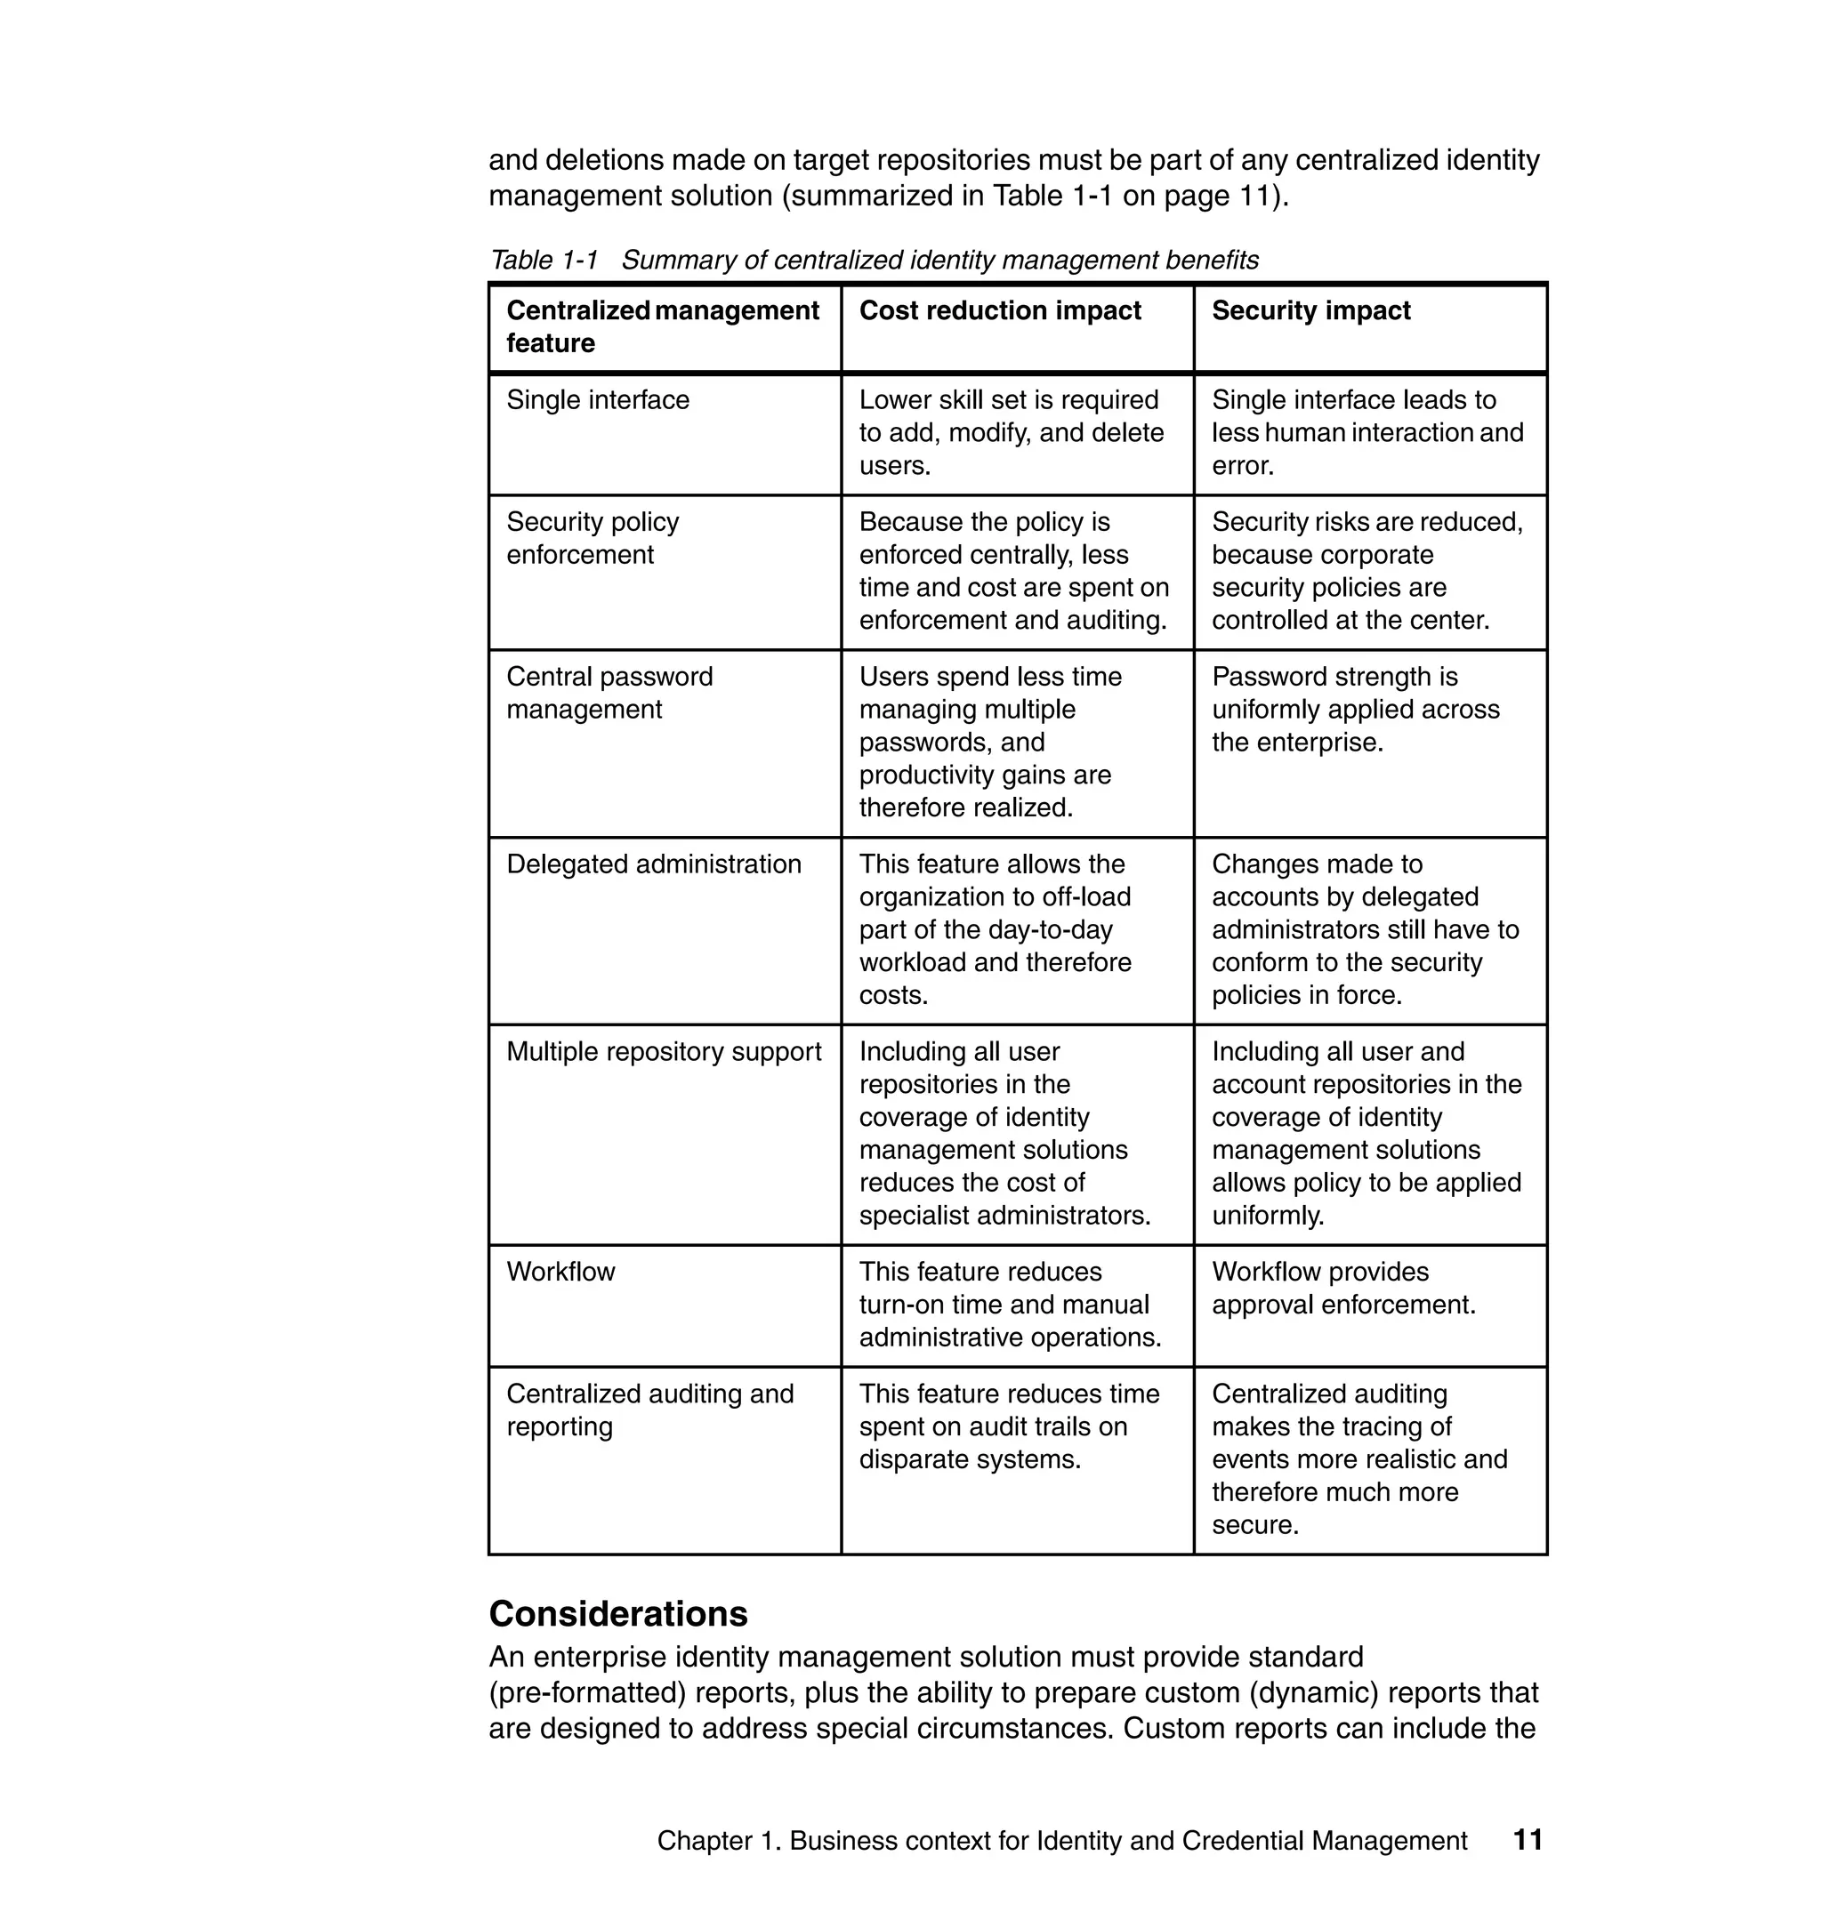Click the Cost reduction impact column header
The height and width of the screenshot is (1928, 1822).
[999, 310]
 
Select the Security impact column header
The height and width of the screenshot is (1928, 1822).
[1310, 310]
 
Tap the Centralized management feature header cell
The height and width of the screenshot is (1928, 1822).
[663, 326]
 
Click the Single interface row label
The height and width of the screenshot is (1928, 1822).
[597, 400]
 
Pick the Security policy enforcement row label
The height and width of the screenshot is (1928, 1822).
[593, 538]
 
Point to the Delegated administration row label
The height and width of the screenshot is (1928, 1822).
[654, 864]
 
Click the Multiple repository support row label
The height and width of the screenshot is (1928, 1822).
[664, 1051]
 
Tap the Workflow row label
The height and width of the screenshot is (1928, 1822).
[560, 1272]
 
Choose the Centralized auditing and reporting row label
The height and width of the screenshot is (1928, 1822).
[649, 1410]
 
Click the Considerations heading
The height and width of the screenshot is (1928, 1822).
[617, 1613]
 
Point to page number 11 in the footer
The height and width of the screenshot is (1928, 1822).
[1528, 1840]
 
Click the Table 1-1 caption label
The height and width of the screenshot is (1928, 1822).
[544, 261]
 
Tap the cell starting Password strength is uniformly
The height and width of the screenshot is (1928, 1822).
[1355, 710]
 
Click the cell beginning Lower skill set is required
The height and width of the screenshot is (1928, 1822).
[1010, 432]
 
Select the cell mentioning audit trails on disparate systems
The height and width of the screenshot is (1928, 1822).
[1008, 1426]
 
